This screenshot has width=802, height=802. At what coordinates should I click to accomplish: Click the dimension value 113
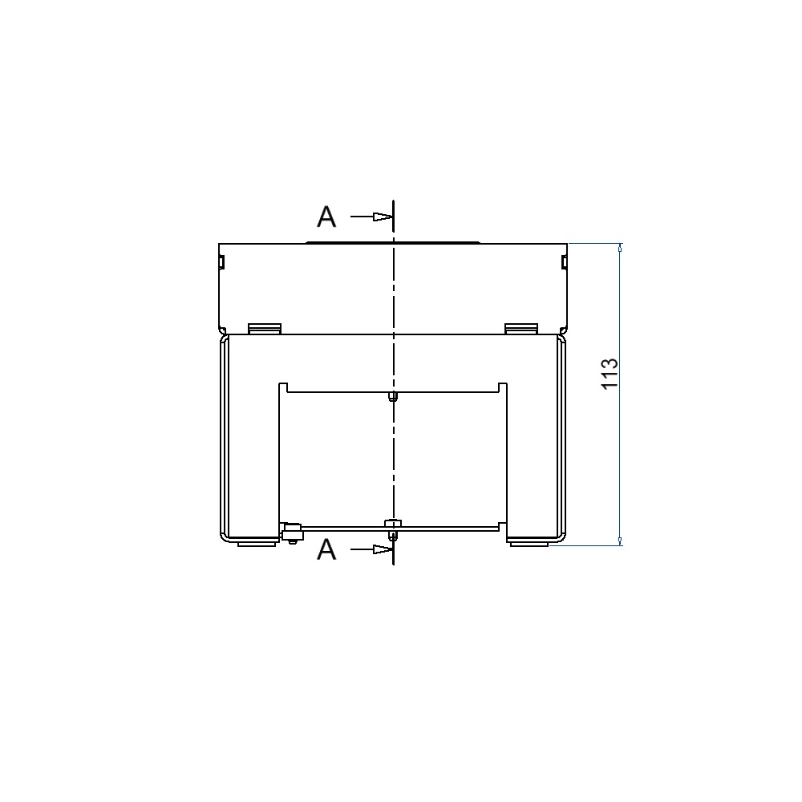pyautogui.click(x=610, y=374)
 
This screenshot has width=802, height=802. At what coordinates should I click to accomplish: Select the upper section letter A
pyautogui.click(x=327, y=217)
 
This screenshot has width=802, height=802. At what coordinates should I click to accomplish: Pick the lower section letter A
pyautogui.click(x=327, y=550)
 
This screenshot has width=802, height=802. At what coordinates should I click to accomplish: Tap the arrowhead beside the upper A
pyautogui.click(x=383, y=217)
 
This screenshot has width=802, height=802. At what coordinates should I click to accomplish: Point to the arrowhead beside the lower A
pyautogui.click(x=383, y=549)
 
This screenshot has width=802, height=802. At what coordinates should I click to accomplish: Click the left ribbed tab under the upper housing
pyautogui.click(x=265, y=329)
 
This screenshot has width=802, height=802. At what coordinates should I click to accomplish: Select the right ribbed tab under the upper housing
pyautogui.click(x=521, y=329)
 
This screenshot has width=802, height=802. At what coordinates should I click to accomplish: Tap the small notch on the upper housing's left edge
pyautogui.click(x=221, y=262)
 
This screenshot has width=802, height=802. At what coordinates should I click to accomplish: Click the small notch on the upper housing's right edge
pyautogui.click(x=564, y=262)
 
